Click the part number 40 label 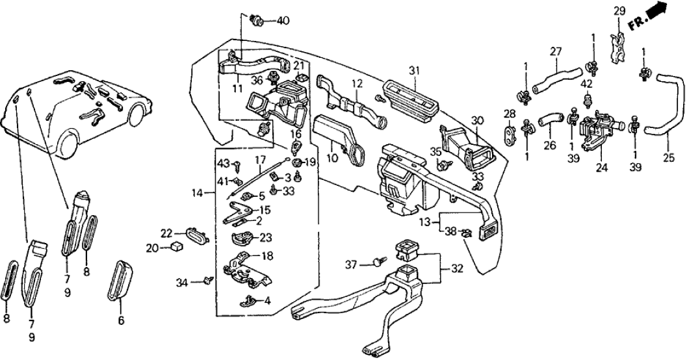(x=283, y=20)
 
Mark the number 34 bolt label (x=181, y=282)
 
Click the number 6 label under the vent (x=121, y=320)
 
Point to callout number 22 (x=166, y=233)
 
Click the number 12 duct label (x=356, y=83)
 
